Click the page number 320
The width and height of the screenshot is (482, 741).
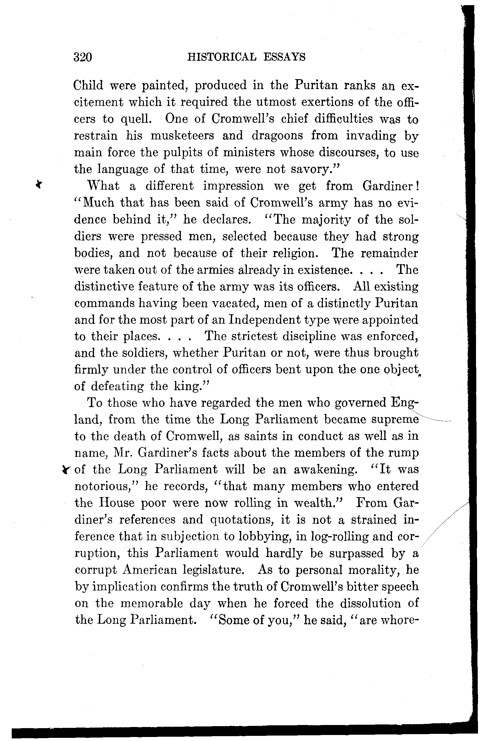click(83, 57)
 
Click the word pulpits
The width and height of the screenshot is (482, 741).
click(190, 153)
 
